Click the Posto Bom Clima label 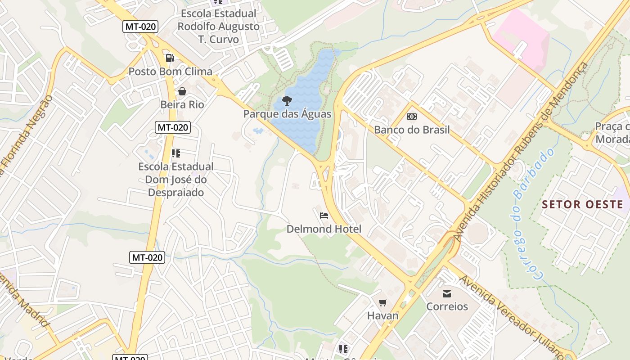point(170,72)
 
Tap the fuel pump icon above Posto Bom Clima point(170,58)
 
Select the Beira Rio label point(182,105)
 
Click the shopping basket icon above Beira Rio point(182,91)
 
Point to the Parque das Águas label point(287,114)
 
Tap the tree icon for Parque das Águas point(287,100)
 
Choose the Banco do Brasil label point(412,130)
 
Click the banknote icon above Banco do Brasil point(412,117)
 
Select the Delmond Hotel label point(324,229)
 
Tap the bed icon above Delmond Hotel point(324,216)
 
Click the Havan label point(383,315)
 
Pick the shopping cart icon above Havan point(383,302)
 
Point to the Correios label point(447,306)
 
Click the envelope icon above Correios point(447,293)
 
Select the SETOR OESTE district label point(582,204)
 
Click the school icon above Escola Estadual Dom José point(176,153)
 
